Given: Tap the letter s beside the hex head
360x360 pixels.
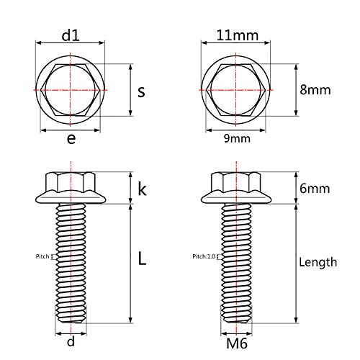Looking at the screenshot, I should [x=141, y=91].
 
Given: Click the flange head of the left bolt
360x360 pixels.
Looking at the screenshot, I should [x=70, y=189].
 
